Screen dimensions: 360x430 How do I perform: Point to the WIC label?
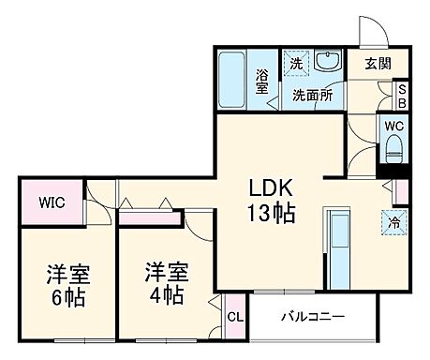[x=51, y=200]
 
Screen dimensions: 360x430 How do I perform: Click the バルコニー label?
[x=313, y=317]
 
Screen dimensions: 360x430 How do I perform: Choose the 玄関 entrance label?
[x=378, y=65]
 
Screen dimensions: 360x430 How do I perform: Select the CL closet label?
[x=235, y=317]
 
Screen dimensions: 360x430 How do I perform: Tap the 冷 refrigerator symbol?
[x=394, y=223]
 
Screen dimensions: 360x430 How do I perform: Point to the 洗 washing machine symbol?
[x=296, y=64]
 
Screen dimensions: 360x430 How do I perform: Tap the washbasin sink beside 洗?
[x=329, y=63]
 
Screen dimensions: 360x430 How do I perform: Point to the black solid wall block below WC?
[x=391, y=170]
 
